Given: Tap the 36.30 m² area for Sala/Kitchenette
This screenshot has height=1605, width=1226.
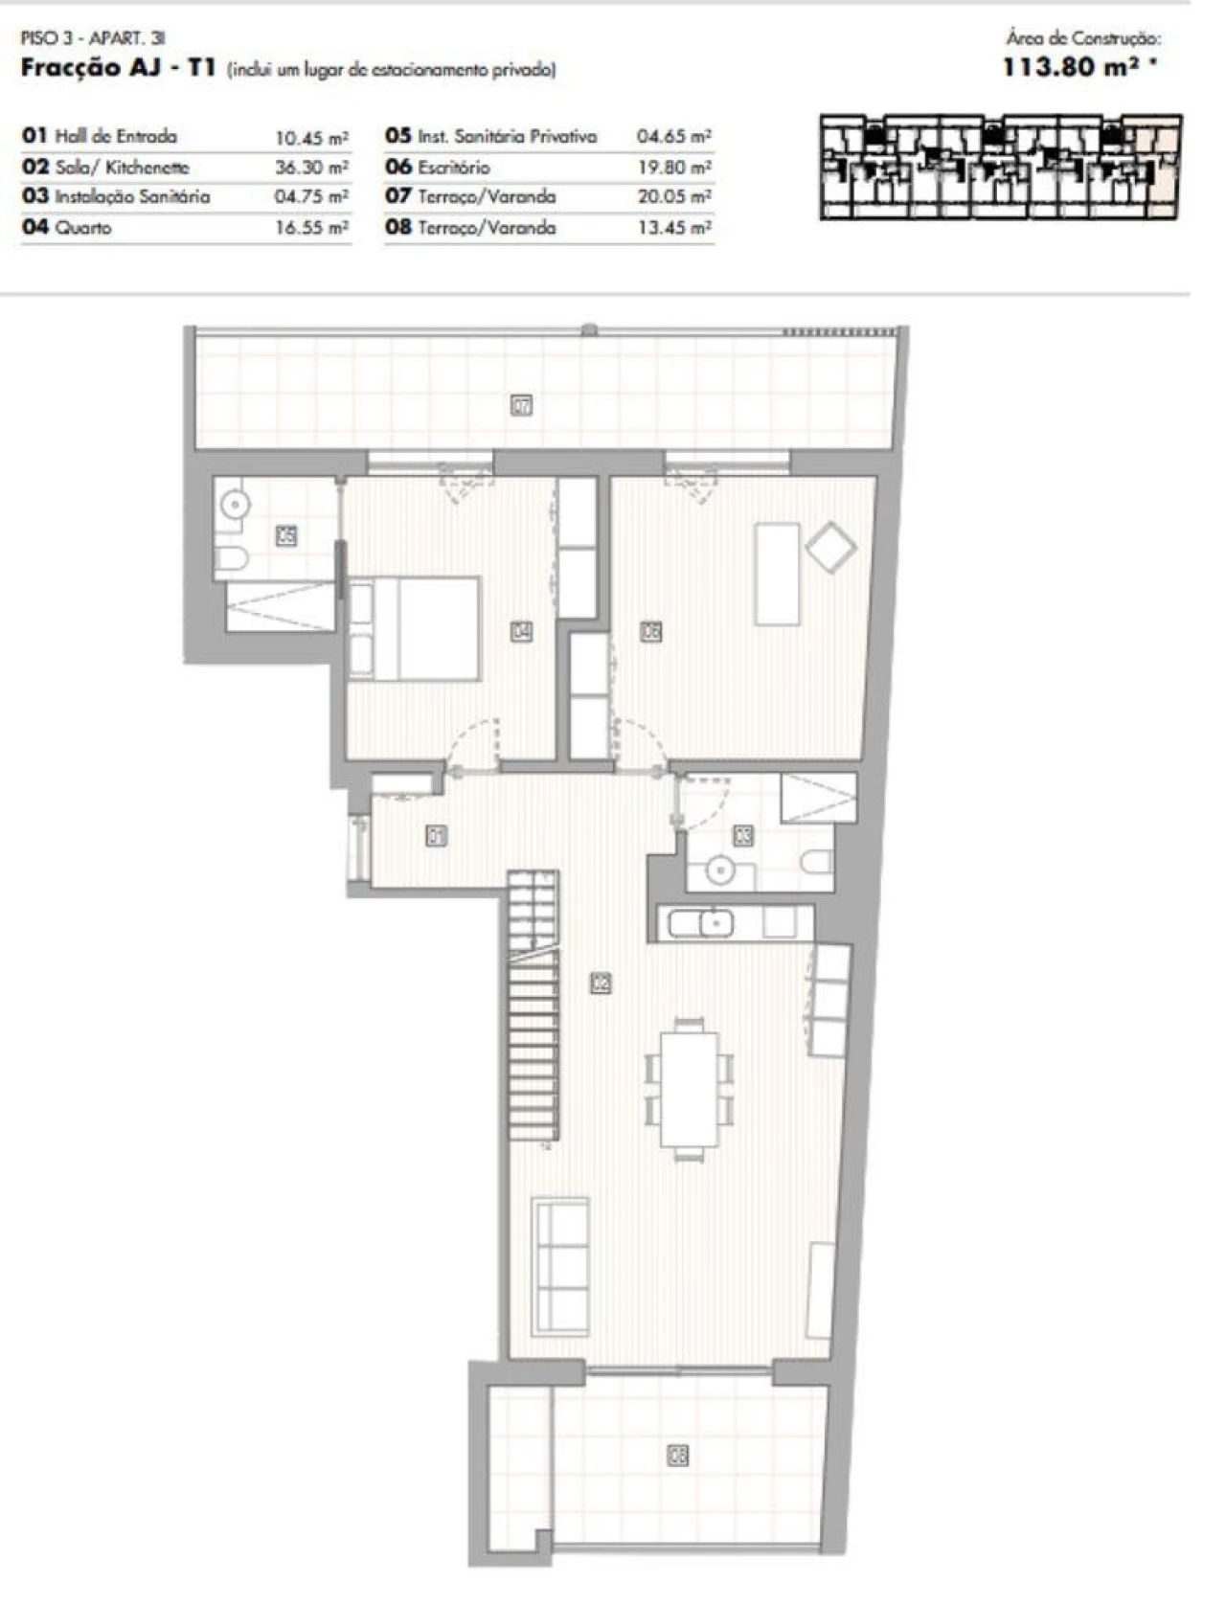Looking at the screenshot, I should coord(311,167).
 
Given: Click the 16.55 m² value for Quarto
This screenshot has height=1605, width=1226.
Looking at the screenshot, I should coord(311,228).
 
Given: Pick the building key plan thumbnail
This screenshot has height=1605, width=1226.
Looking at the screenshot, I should coord(1000,168).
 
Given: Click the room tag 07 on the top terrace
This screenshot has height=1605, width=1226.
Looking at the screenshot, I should coord(522,405).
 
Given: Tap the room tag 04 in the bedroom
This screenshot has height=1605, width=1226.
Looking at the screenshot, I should coord(522,632).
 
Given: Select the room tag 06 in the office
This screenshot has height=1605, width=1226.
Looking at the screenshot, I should coord(650,632).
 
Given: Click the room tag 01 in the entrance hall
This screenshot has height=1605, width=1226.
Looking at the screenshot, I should coord(436,837).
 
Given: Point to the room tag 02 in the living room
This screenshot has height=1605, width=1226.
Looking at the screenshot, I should coord(601,983).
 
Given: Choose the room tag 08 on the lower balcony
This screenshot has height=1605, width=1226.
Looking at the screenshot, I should coord(677,1456).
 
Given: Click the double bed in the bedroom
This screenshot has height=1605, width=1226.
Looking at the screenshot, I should coord(415,628).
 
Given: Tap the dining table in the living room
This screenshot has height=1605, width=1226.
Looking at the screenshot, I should coord(689,1088).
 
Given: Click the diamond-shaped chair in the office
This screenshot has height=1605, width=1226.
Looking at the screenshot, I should coord(830,547).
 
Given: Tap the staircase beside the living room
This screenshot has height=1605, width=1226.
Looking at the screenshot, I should coord(534,1006).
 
